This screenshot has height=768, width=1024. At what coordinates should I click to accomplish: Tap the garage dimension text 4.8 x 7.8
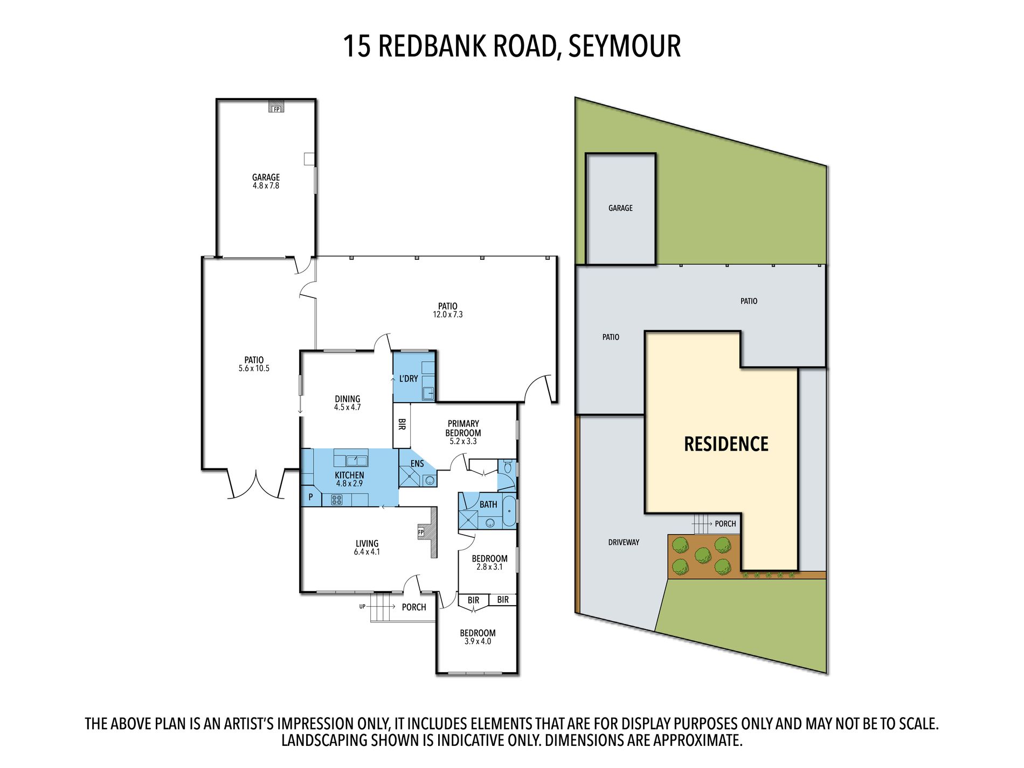coord(266,186)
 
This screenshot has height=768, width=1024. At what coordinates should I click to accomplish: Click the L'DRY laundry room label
coord(409,379)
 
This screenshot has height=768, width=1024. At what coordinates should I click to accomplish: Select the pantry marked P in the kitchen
coord(310,497)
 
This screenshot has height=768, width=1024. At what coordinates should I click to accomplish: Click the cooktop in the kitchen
coord(337,500)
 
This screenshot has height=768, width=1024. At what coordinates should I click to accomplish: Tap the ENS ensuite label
coord(417,463)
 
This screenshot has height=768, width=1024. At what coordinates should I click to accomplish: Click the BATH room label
coord(488,504)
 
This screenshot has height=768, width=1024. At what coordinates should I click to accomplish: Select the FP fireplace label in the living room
coord(421,532)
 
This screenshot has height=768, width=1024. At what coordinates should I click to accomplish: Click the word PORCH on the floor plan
coord(414,607)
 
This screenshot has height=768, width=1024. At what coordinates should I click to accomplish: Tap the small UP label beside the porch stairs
coord(362,606)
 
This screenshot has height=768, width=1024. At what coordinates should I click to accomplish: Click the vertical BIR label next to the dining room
coord(402,424)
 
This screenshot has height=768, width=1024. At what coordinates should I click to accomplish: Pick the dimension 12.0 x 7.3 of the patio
coord(448,315)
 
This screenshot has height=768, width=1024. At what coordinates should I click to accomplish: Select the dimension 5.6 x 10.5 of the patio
coord(254,369)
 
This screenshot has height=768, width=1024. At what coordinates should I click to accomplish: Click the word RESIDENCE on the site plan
coord(726,444)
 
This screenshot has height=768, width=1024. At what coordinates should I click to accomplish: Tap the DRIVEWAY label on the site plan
coord(624,542)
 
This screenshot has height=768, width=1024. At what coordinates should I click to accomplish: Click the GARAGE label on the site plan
coord(620,208)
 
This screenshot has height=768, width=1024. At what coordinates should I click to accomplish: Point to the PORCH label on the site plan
coord(725,524)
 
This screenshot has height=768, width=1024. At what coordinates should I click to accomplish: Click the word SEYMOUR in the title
coord(624,46)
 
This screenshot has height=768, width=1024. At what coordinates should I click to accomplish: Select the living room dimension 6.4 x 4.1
coord(367,552)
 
